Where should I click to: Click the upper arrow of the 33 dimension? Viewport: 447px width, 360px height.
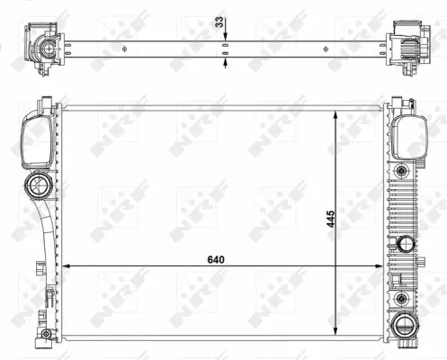click(x=225, y=35)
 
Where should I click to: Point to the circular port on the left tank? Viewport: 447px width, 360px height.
click(x=40, y=187)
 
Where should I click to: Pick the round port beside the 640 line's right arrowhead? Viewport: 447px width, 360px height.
click(x=406, y=243)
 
